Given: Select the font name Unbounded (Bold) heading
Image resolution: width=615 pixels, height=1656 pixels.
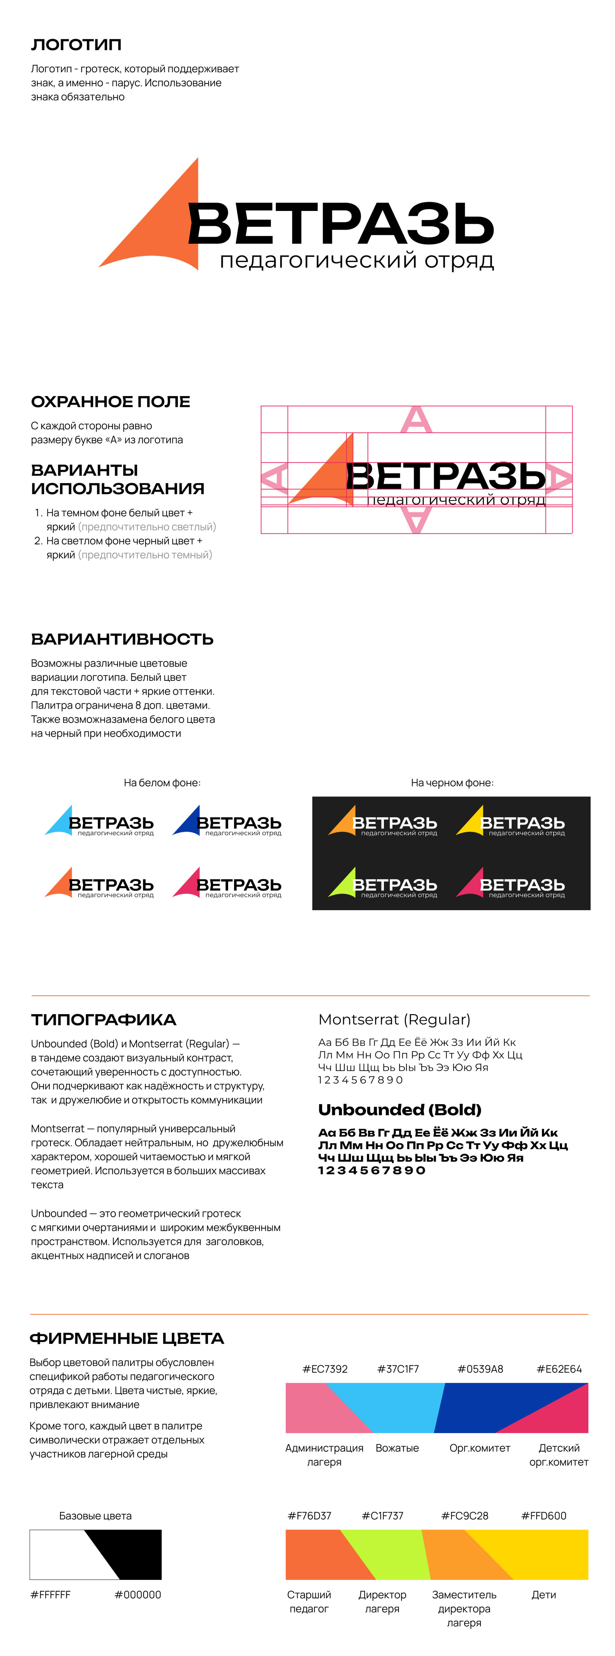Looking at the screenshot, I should click(399, 1109).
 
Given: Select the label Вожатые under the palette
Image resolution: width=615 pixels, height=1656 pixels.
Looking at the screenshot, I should click(397, 1448).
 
